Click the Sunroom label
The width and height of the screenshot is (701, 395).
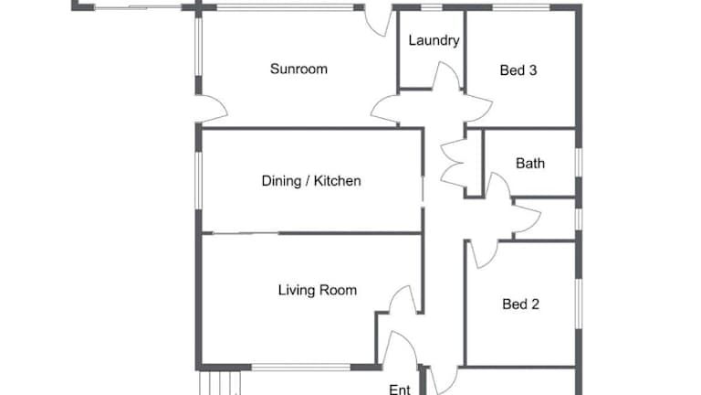pos(298,69)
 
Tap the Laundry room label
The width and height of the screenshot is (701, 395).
pos(434,40)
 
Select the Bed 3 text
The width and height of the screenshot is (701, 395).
pos(518,70)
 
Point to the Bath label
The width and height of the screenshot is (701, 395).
pos(530,163)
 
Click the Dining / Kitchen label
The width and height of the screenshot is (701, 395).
pos(311,181)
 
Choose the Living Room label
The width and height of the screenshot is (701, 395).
pos(318,290)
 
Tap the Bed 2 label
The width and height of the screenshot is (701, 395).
pos(520,304)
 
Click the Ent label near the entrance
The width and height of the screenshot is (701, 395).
pos(400,390)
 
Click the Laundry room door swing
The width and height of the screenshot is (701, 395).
pos(446,76)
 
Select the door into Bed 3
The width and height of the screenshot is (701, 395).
pos(478,108)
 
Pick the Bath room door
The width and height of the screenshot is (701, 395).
pos(498,186)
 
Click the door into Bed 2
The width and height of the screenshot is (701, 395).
pos(484,254)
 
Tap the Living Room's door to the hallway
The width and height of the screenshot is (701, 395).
pos(403,299)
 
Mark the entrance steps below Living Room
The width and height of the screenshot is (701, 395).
pos(219,383)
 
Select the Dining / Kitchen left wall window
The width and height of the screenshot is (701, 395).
pos(198,180)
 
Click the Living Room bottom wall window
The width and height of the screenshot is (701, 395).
pos(301,368)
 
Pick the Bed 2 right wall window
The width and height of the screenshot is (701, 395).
pos(579,304)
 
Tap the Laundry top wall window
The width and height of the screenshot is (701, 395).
pos(432,7)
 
